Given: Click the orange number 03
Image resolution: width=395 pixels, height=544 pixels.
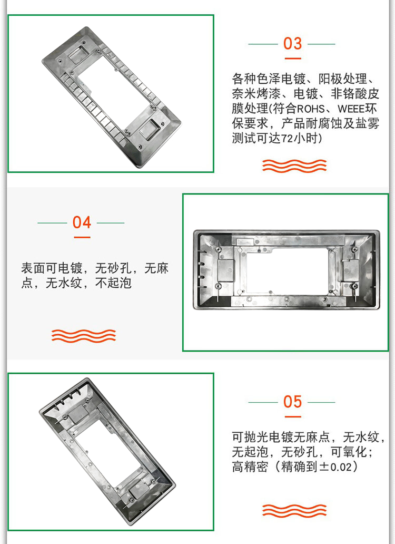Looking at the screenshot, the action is coord(292,44).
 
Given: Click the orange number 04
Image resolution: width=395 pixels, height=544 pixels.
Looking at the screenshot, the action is coord(82,222).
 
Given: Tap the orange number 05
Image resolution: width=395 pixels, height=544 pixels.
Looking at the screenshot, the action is coord(292,402).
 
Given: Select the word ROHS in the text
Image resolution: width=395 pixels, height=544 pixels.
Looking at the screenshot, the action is coord(310,109).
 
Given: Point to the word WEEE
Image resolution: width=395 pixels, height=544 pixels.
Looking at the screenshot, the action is coord(350,109).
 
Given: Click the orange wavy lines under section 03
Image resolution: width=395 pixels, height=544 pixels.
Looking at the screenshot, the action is coord(294,166).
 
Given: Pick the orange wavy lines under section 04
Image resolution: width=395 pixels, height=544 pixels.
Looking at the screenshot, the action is coord(84,336).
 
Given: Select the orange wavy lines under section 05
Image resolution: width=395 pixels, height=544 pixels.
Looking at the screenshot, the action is coord(294,511).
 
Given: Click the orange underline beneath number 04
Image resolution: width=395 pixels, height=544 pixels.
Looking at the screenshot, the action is coord(82,237).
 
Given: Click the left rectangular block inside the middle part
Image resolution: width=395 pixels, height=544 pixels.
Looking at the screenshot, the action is coord(225,270).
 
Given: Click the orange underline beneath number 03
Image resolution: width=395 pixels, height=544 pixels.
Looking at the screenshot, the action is coord(293,59).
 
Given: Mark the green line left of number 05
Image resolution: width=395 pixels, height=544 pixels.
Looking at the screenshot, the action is coord(263,402).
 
